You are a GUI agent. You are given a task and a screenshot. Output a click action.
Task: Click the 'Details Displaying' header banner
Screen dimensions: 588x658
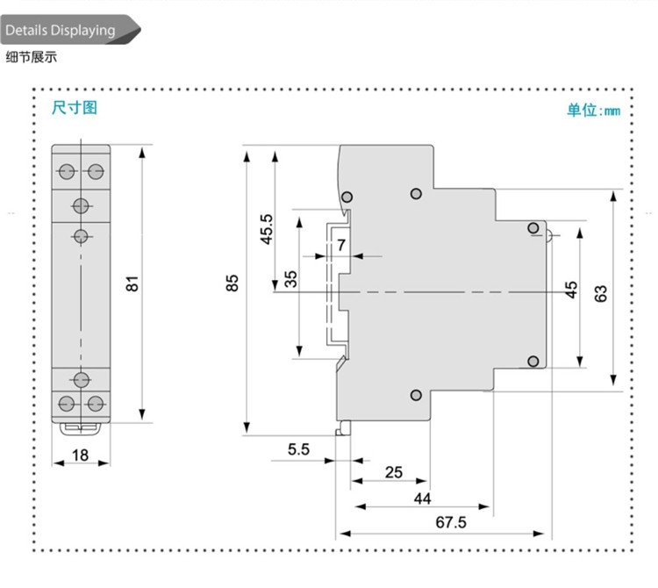coord(61,31)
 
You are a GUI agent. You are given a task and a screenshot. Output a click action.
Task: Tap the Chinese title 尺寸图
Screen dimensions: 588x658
coord(75,108)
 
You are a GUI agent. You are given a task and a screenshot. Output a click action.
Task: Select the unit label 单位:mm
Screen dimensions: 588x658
coord(593,110)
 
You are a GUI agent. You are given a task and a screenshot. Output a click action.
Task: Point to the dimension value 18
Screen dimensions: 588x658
coord(80,455)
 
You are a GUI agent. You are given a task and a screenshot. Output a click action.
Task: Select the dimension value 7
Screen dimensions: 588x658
coord(340,245)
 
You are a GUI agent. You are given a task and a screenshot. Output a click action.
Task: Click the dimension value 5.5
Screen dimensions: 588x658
coord(298,450)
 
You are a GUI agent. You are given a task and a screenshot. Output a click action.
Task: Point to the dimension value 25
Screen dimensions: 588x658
coord(393,472)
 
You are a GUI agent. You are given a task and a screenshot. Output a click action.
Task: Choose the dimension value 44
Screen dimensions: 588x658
coord(422,498)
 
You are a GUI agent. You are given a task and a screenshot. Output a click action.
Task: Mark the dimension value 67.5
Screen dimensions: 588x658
coord(451,523)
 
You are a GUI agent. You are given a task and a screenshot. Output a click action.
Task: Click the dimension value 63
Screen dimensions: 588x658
coord(601,294)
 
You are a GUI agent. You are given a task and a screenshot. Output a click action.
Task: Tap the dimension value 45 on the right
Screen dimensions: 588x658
coord(571,290)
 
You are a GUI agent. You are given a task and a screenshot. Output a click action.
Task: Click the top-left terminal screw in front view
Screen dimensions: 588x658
coord(66,169)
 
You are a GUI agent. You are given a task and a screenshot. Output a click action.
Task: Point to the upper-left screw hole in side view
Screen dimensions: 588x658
coord(348,196)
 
